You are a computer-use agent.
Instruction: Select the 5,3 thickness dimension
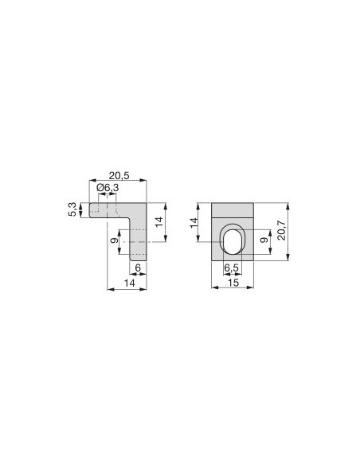[73, 209]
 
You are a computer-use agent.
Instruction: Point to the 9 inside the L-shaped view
[115, 240]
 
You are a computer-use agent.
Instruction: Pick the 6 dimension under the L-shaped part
[139, 268]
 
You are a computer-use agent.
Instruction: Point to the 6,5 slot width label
[231, 268]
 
